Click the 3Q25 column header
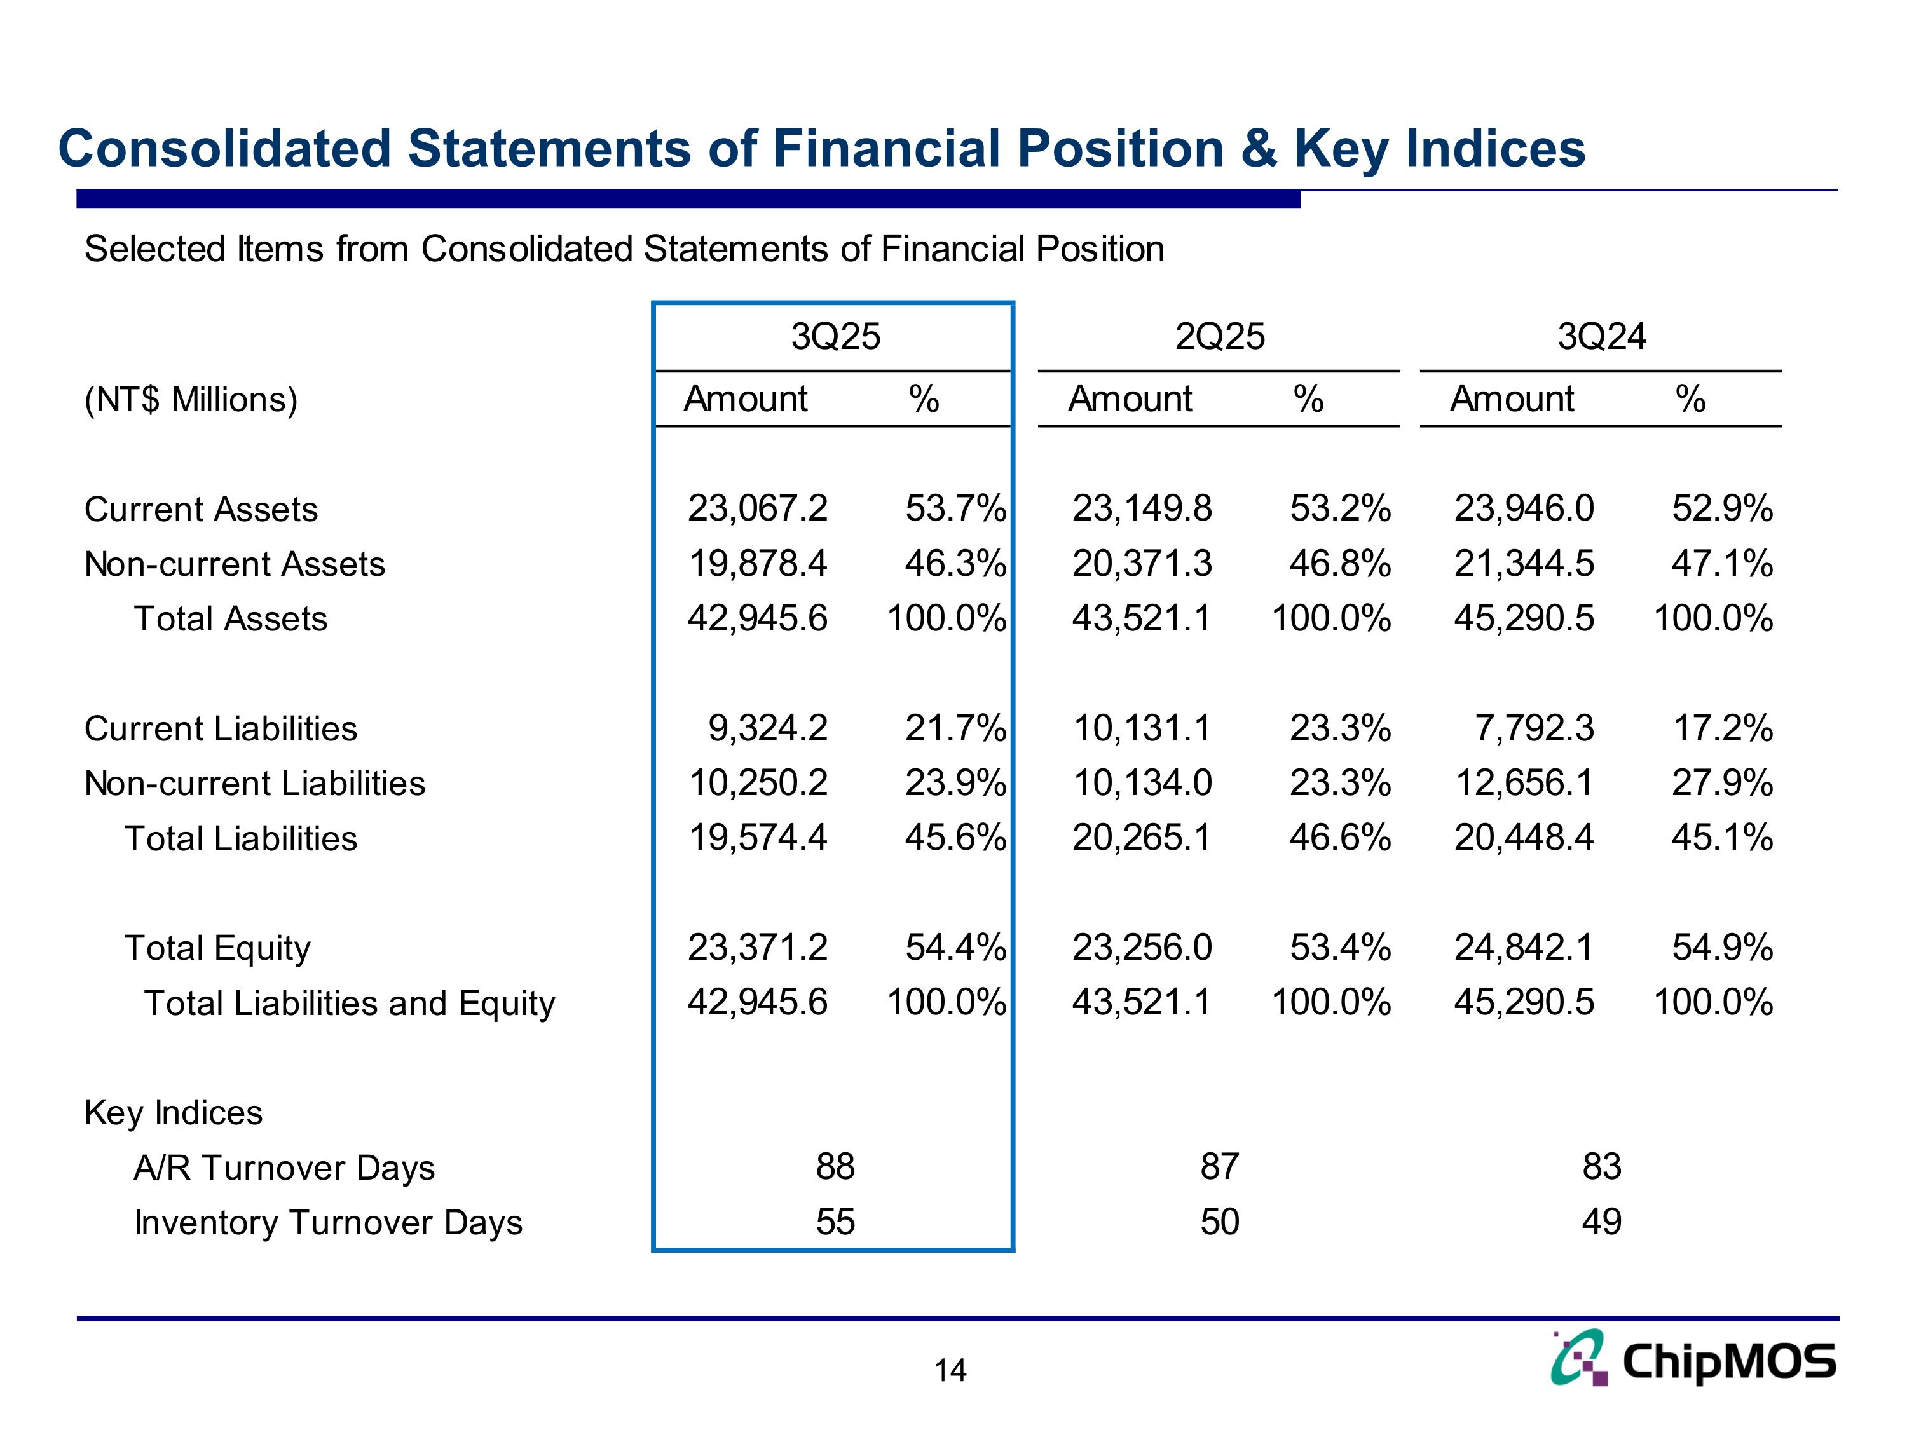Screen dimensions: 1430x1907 pos(835,336)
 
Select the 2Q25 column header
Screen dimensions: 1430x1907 pos(1220,336)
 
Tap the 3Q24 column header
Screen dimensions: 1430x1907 pos(1602,336)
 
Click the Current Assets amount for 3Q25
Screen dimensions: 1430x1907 pos(757,508)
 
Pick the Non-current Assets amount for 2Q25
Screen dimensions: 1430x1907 pos(1142,564)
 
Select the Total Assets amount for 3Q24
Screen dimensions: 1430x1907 pos(1524,618)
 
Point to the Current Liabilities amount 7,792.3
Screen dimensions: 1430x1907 pos(1534,728)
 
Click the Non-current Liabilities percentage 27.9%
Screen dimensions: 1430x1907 pos(1721,782)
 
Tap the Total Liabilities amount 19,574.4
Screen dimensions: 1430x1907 pos(757,837)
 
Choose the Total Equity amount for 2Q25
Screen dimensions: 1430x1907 pos(1142,948)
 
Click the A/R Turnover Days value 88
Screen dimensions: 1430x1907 pos(835,1166)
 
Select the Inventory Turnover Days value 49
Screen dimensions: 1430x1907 pos(1602,1222)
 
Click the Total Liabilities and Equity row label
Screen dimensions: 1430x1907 pos(349,1004)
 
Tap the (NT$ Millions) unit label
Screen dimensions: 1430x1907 pos(191,400)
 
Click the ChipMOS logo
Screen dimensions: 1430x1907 pos(1693,1359)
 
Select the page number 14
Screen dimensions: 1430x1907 pos(950,1370)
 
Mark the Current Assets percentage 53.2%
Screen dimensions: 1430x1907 pos(1340,508)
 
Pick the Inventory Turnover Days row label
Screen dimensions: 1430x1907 pos(327,1222)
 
